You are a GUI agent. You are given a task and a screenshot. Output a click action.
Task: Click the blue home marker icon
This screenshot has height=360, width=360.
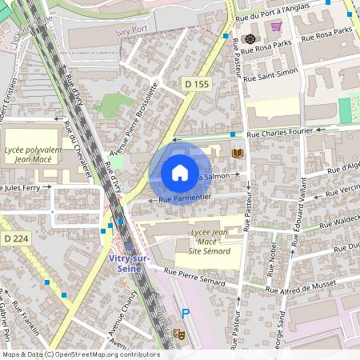point(180,172)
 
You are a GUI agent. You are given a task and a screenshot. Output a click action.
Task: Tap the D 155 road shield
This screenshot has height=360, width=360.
point(195,83)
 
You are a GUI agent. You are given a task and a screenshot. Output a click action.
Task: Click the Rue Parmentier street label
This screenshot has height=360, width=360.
point(185,197)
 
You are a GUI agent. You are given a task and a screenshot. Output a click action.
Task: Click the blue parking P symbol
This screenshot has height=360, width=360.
point(186,314)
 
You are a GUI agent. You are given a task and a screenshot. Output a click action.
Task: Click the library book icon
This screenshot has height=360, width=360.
point(236,153)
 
